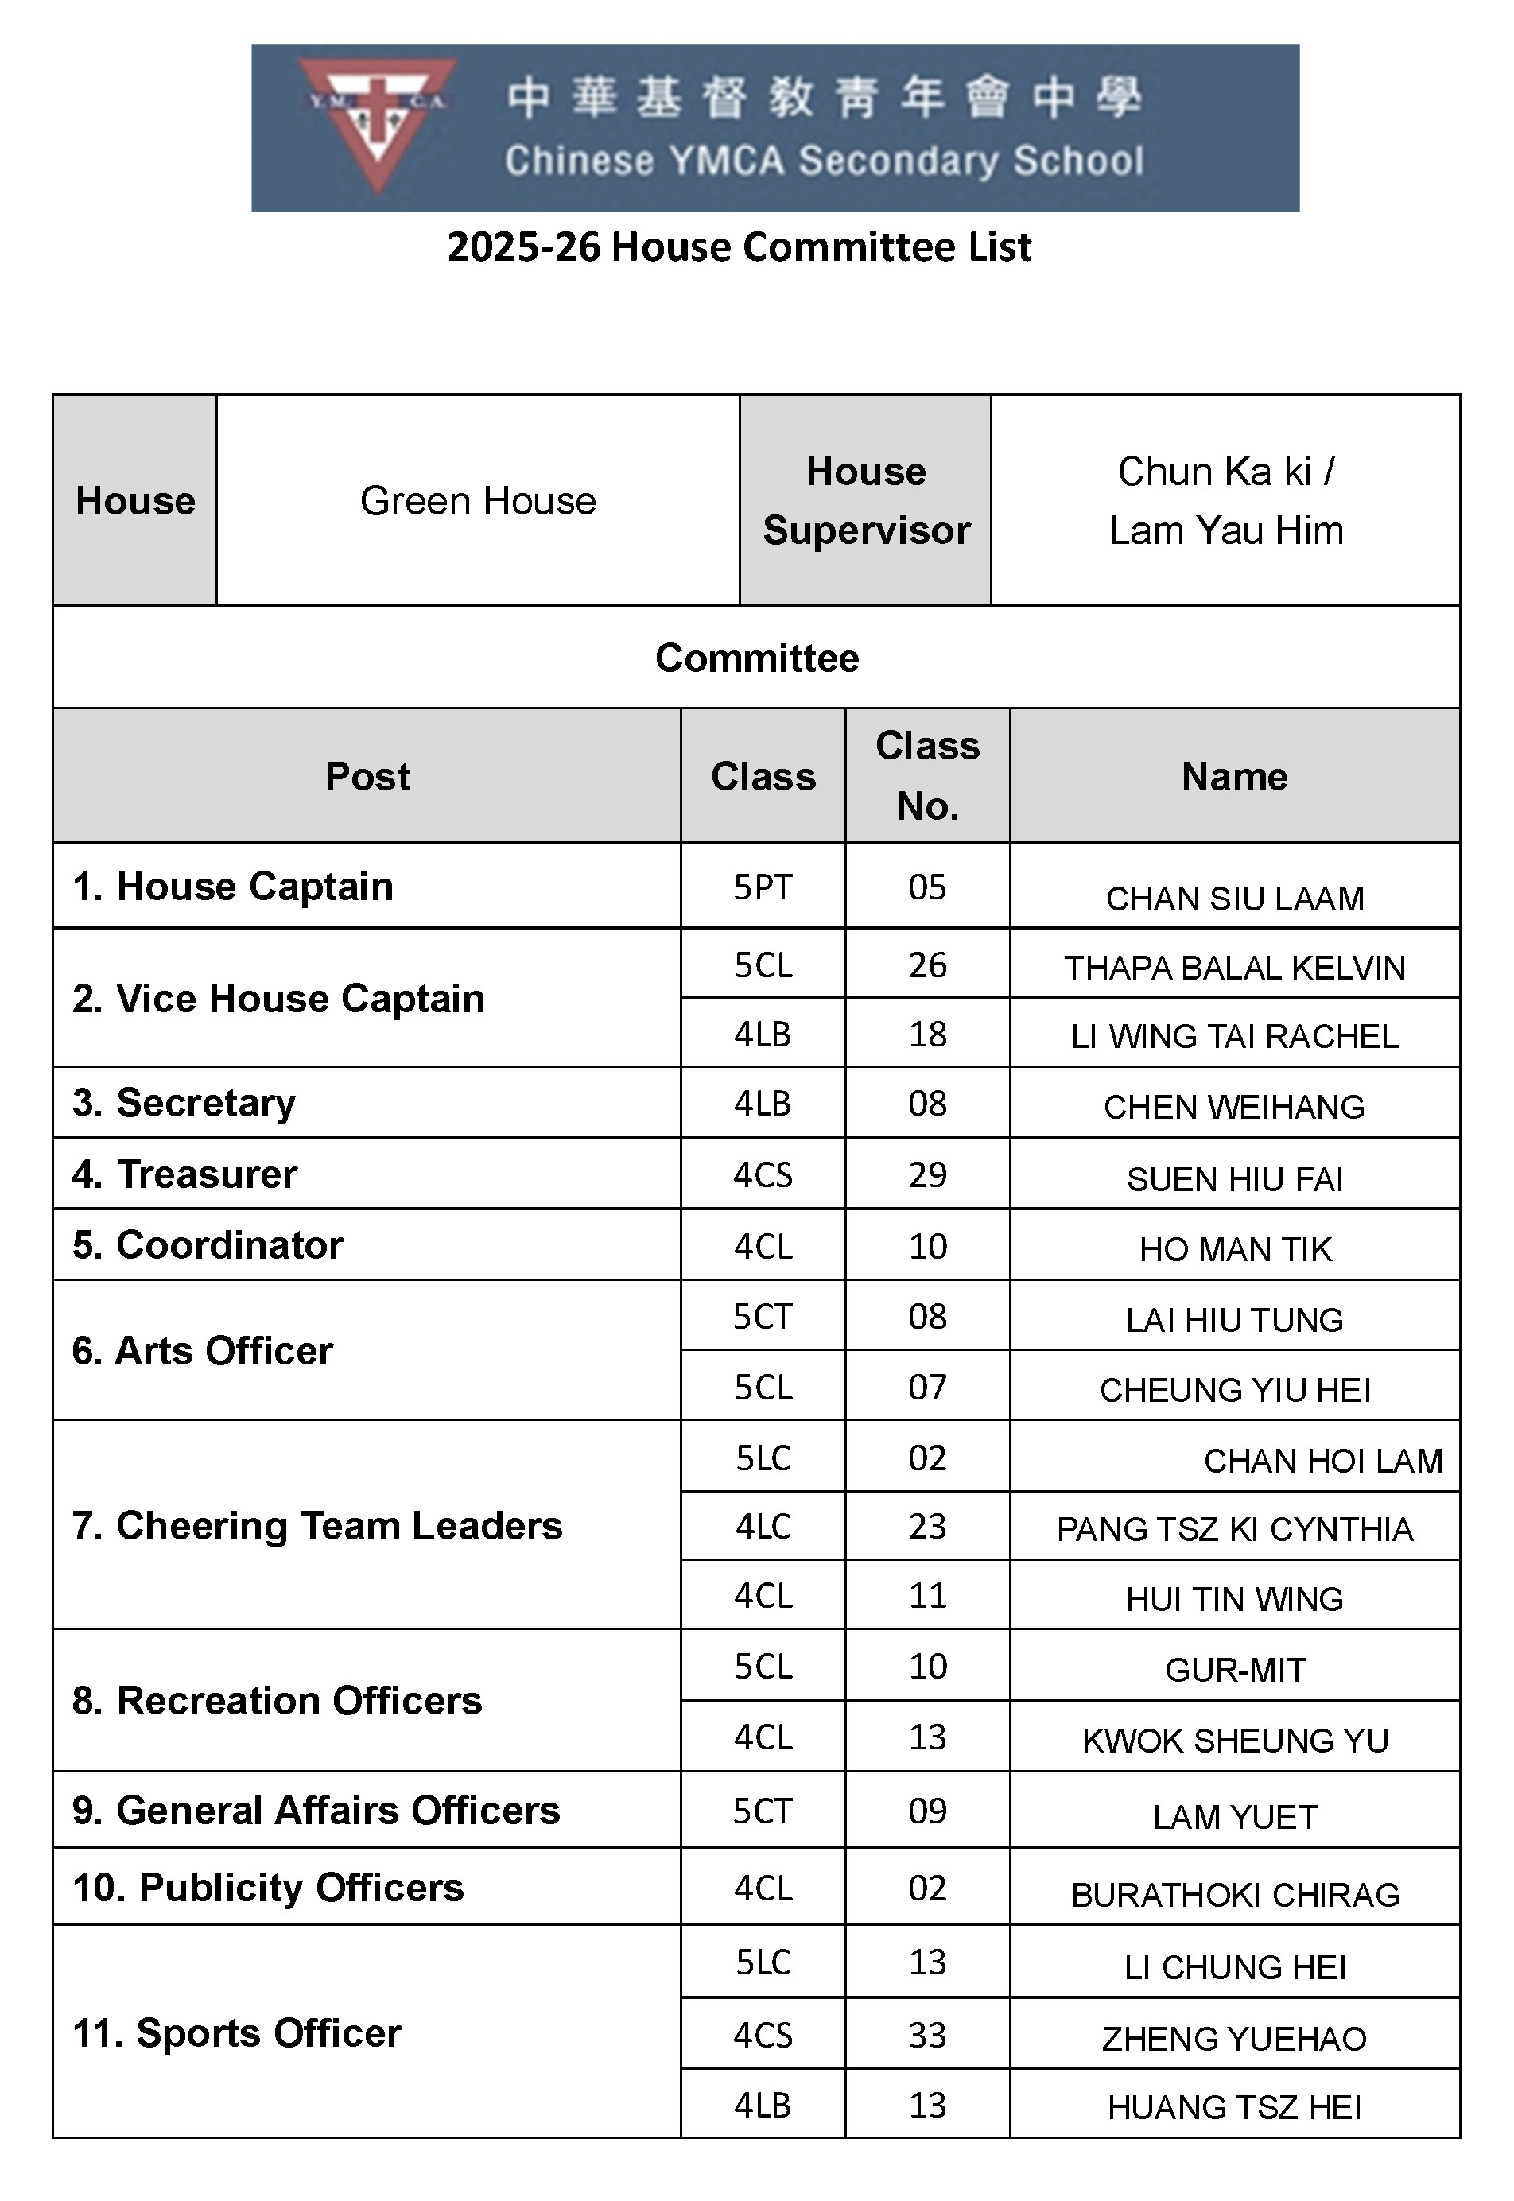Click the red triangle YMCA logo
377,122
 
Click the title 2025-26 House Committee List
738,247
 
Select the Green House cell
477,501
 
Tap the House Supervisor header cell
865,501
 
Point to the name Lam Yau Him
1225,530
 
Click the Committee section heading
756,658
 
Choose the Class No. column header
927,775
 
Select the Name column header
1233,777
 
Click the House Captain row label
232,886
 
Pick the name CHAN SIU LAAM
1234,899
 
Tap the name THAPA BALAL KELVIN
1234,968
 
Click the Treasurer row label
185,1174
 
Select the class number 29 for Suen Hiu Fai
927,1174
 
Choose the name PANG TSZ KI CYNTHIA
1234,1529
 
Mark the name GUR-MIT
1234,1670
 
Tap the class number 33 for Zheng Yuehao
927,2035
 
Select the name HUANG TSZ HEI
1234,2108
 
